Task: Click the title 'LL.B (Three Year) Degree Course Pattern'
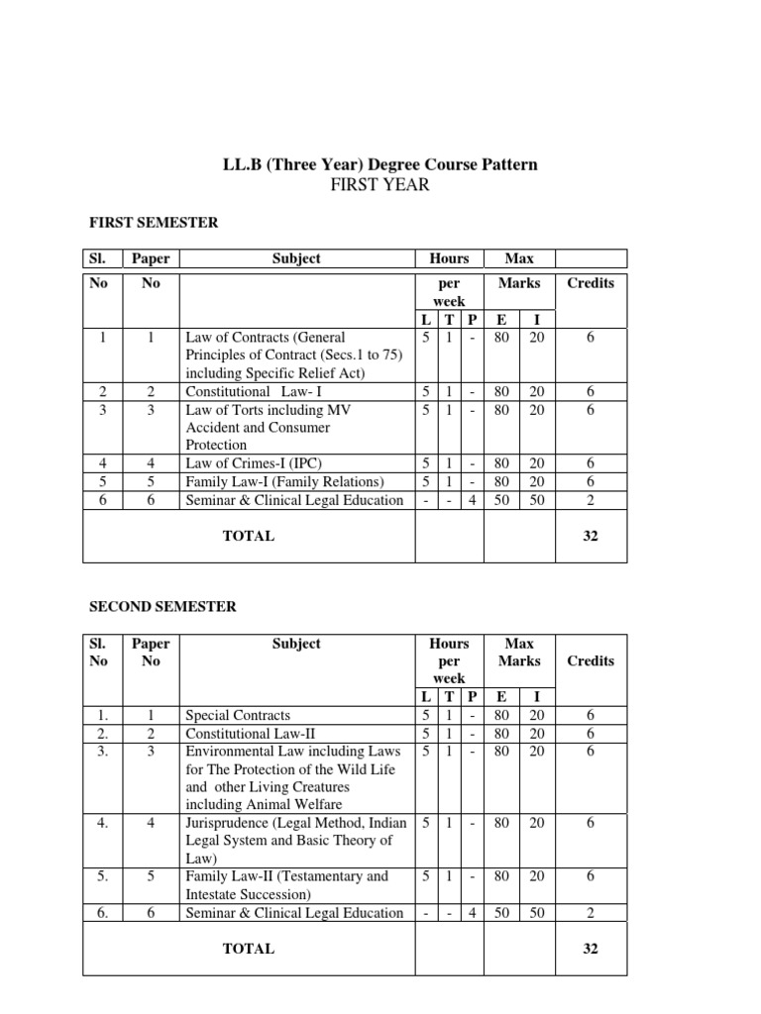tap(380, 164)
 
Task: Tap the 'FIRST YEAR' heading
tap(380, 185)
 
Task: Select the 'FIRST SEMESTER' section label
tap(154, 224)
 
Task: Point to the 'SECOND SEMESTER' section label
tap(163, 606)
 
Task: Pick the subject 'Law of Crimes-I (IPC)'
tap(255, 462)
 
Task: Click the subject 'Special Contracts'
tap(238, 715)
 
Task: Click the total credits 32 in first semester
tap(591, 536)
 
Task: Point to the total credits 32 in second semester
tap(591, 949)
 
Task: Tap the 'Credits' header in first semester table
tap(591, 283)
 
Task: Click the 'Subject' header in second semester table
tap(296, 644)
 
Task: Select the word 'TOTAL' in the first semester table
tap(249, 536)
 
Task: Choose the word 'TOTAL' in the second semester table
tap(249, 949)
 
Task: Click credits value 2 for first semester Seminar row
tap(591, 500)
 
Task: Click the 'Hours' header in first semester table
tap(449, 258)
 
